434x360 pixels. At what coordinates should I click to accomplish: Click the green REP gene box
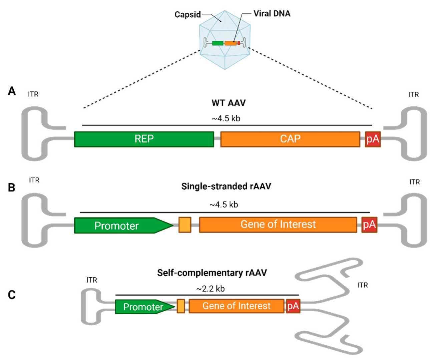pos(144,139)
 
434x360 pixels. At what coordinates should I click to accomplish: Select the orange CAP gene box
pos(290,139)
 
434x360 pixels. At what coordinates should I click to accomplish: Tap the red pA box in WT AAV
pos(372,139)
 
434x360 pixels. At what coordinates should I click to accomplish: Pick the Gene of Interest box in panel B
pos(278,225)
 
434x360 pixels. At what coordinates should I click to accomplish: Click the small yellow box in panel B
pos(185,225)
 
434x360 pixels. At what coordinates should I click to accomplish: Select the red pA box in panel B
pos(369,225)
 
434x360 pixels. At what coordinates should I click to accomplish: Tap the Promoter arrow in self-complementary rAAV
pos(143,307)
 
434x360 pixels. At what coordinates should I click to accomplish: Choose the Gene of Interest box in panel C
pos(236,306)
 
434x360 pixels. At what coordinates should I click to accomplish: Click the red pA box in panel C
pos(293,306)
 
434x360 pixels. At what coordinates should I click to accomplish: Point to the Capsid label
pos(187,15)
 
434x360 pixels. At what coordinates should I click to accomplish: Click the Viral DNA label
pos(272,14)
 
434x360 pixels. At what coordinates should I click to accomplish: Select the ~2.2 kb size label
pos(210,289)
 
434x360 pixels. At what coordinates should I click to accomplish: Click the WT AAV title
pos(229,103)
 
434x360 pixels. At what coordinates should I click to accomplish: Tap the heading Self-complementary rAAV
pos(212,273)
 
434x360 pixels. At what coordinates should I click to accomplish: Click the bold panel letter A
pos(12,91)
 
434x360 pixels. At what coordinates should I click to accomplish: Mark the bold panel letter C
pos(12,295)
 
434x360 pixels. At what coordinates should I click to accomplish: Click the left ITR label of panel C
pos(92,280)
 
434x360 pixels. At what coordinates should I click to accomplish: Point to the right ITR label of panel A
pos(413,95)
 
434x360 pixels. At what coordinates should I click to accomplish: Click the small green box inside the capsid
pos(218,43)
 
